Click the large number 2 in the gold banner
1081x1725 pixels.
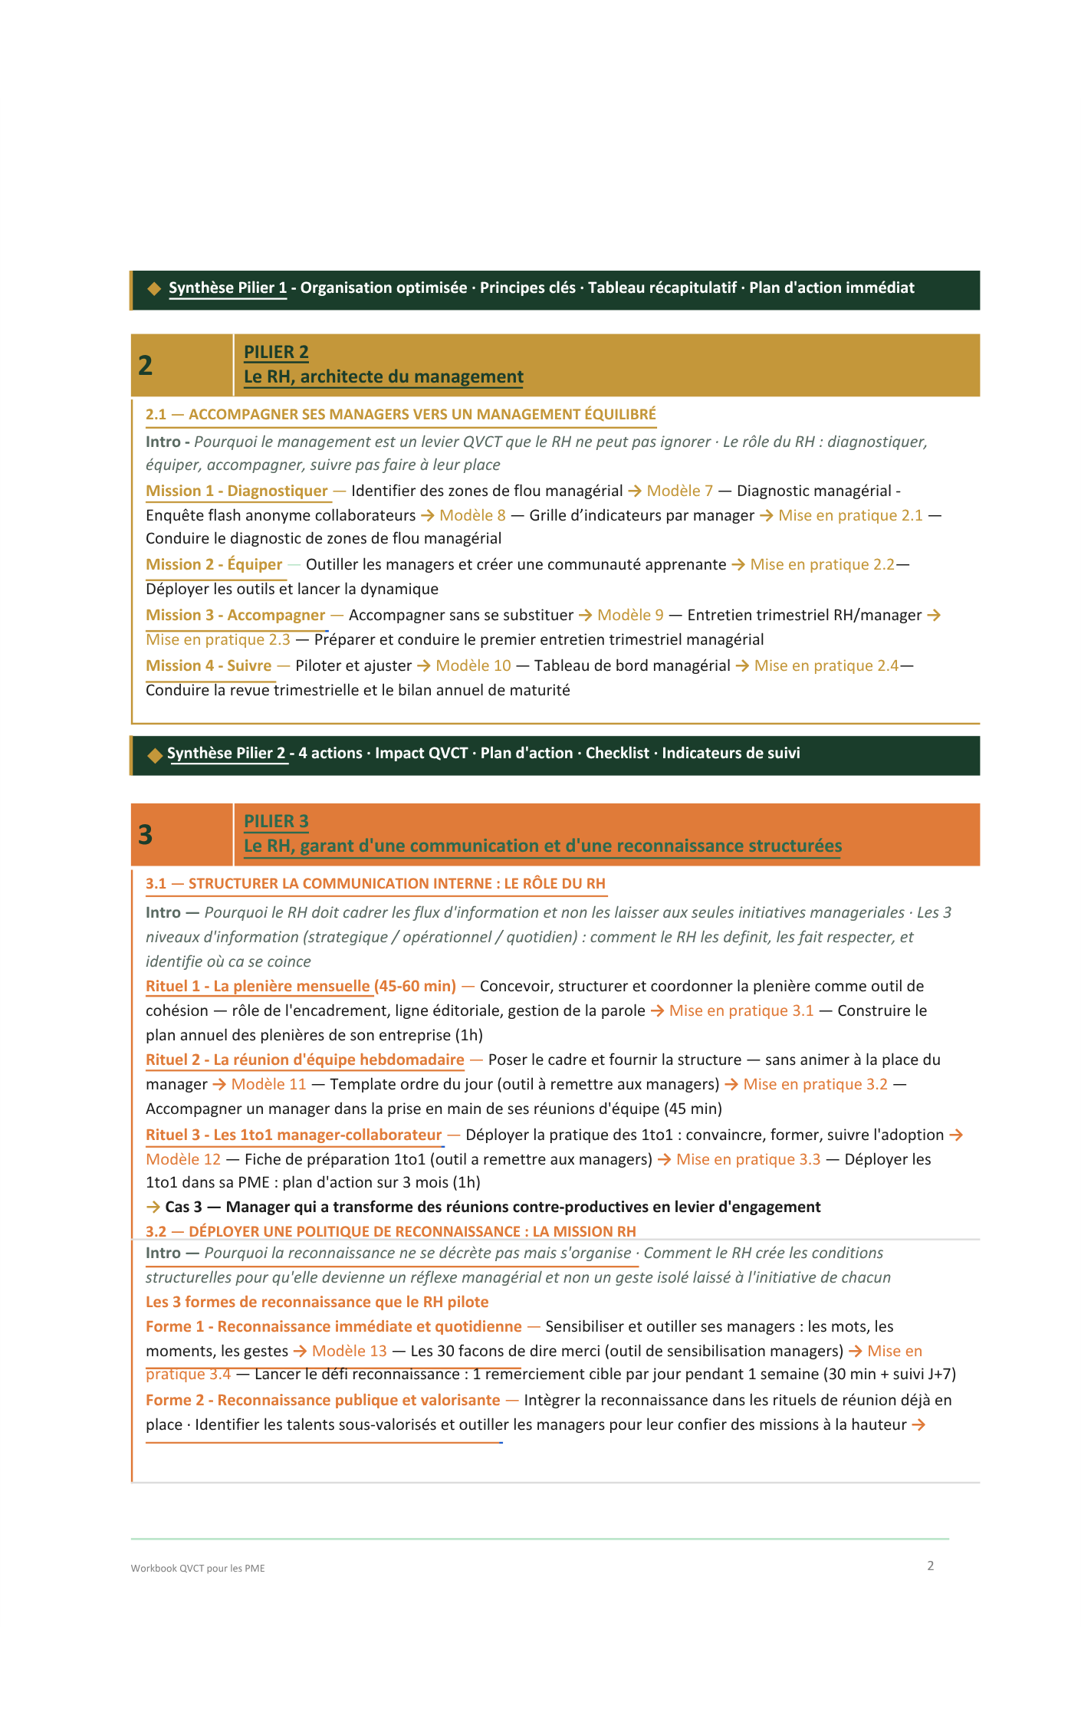click(145, 366)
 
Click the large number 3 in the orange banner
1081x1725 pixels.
click(145, 835)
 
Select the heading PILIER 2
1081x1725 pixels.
click(276, 352)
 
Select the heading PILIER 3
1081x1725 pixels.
click(276, 821)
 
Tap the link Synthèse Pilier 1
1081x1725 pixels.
click(228, 287)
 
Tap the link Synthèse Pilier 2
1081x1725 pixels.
click(226, 753)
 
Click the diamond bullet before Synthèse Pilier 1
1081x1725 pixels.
click(154, 288)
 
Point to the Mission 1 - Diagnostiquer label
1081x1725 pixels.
click(236, 491)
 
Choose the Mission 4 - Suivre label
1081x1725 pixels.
click(209, 665)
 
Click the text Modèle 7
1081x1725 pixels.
click(679, 491)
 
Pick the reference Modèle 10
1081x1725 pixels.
click(473, 665)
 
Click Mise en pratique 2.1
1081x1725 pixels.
click(850, 515)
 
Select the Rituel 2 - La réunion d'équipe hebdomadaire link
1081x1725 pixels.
click(304, 1060)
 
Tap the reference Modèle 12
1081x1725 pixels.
click(183, 1159)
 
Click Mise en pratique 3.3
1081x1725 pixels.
click(747, 1159)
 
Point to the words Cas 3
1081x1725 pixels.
click(183, 1207)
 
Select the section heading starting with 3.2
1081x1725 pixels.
click(390, 1231)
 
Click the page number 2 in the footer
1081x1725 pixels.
click(930, 1566)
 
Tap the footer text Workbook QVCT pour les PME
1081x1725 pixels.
click(198, 1568)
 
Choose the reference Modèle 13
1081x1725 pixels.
click(349, 1351)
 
